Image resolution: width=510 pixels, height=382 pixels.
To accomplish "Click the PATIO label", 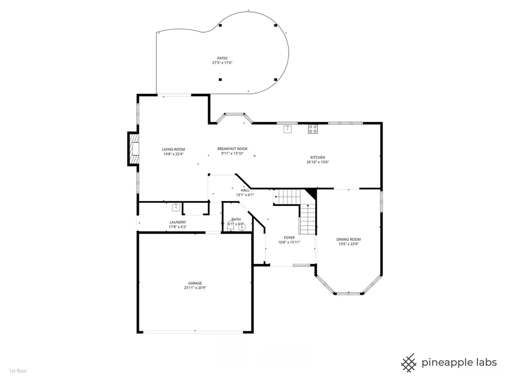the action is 222,59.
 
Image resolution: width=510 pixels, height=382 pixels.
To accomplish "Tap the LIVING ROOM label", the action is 173,150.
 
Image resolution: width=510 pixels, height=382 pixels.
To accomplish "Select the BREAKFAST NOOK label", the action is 233,149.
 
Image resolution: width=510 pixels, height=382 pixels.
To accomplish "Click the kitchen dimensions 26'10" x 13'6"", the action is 318,162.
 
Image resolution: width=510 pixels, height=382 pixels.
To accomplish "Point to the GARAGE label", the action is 195,283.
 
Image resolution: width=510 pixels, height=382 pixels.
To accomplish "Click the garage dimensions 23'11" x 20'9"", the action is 195,288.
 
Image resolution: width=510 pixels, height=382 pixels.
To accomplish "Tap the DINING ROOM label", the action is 348,240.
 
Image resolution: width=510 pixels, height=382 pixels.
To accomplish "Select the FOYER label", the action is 289,238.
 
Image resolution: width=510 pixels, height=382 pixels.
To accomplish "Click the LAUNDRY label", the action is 178,222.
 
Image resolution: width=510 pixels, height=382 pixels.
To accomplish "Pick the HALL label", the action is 245,191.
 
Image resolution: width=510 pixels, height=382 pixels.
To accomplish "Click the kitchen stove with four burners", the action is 313,129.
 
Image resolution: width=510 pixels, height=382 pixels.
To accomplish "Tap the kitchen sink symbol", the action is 288,129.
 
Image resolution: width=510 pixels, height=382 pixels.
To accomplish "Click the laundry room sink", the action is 176,207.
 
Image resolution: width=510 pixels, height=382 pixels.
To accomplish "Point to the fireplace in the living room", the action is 133,149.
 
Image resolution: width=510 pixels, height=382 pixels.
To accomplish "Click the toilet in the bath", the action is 230,225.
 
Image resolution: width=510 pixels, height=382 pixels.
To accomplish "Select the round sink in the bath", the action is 242,227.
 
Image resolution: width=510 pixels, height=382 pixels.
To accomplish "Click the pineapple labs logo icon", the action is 409,363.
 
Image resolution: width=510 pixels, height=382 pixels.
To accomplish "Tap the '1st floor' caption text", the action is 18,371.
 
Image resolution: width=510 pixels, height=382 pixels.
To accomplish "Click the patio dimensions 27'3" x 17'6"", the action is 222,63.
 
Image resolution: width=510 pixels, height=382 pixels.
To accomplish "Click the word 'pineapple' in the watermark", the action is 444,363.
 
